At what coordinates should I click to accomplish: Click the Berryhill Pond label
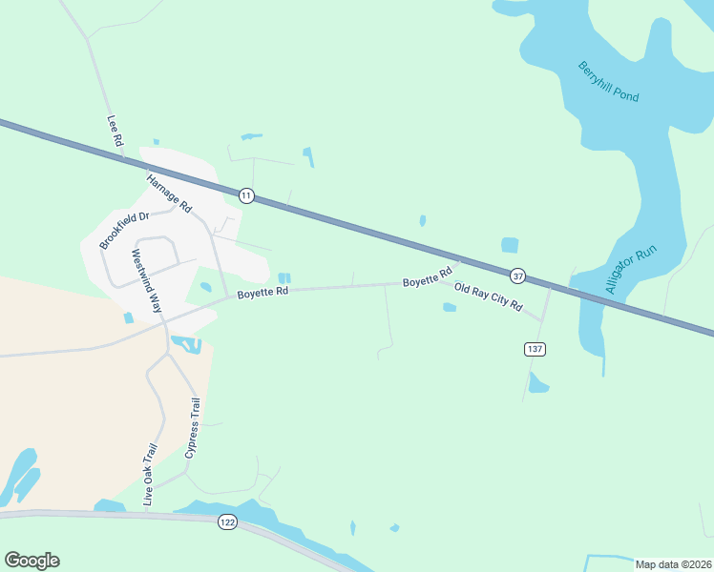coord(608,82)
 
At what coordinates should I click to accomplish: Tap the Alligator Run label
coord(631,270)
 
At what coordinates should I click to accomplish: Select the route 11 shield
coord(246,195)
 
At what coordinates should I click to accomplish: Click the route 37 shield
coord(517,276)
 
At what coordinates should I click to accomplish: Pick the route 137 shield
coord(535,349)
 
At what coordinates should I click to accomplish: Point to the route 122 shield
coord(227,521)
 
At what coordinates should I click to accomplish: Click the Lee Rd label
coord(115,131)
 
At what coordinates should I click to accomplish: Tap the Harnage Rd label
coord(169,194)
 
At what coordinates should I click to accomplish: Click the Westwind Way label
coord(144,281)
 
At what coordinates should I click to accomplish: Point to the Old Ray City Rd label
coord(489,298)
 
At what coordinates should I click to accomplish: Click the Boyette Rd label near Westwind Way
coord(262,292)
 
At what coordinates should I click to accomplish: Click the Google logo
coord(31,561)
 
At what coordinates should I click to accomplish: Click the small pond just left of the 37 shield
coord(510,245)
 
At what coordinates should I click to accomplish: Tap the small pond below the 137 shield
coord(538,383)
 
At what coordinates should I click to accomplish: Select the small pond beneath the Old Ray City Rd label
coord(450,307)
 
